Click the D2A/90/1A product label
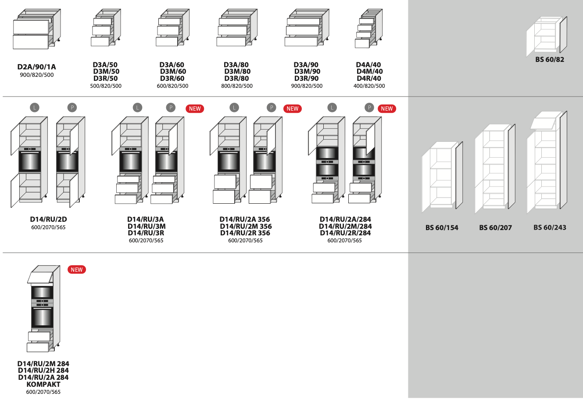(x=36, y=67)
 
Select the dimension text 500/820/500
(x=106, y=86)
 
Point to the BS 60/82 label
(x=549, y=60)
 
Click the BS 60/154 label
(x=442, y=228)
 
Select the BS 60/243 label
(x=550, y=227)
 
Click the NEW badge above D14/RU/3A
(x=195, y=108)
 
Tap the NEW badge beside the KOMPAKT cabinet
(x=77, y=270)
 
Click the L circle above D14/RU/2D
(x=34, y=108)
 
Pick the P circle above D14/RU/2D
(x=72, y=108)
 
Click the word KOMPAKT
(x=43, y=384)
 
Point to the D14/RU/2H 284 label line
(x=43, y=371)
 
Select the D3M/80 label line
(x=237, y=72)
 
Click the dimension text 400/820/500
(x=369, y=86)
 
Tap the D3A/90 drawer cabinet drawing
(x=306, y=28)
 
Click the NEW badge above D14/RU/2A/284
(x=386, y=108)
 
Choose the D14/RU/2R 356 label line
(x=245, y=233)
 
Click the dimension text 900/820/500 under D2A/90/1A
(x=37, y=75)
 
